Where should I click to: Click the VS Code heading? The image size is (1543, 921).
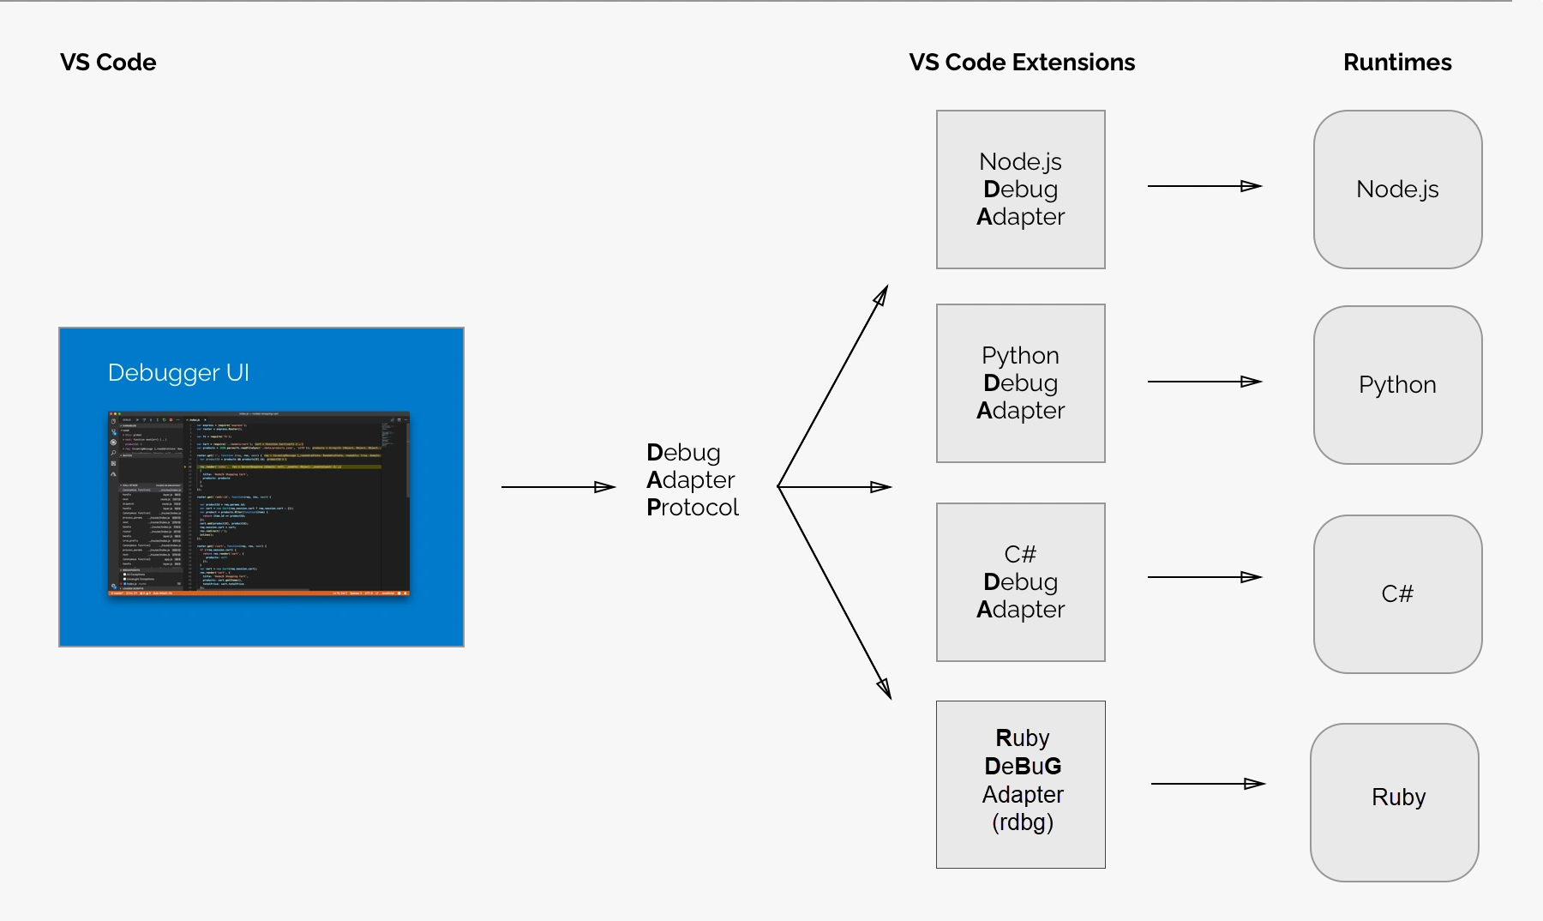(x=108, y=63)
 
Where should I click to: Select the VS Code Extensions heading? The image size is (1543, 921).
(x=1022, y=63)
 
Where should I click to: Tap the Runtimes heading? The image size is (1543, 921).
(x=1397, y=63)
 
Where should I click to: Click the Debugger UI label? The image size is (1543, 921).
(x=178, y=373)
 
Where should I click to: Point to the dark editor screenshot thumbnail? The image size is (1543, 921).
(x=259, y=503)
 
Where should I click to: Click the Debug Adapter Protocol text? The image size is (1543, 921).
(x=692, y=480)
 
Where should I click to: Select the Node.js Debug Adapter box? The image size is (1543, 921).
(x=1020, y=190)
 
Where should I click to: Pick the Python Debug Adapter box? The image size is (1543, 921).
(x=1020, y=383)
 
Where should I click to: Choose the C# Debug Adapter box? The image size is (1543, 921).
(x=1020, y=582)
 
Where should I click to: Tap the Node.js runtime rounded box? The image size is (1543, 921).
(x=1397, y=190)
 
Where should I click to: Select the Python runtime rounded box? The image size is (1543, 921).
(x=1397, y=385)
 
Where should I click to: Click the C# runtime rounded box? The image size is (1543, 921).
(x=1397, y=594)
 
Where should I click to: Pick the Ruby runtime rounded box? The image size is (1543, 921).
(x=1395, y=802)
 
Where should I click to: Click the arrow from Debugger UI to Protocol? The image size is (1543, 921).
(x=558, y=487)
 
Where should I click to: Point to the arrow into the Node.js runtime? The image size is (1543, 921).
(x=1204, y=186)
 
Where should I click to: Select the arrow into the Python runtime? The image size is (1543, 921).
(x=1204, y=382)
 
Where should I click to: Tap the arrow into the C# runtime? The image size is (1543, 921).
(x=1204, y=577)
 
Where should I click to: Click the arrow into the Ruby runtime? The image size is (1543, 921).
(x=1208, y=784)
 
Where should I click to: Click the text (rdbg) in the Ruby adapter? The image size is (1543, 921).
(x=1023, y=822)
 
